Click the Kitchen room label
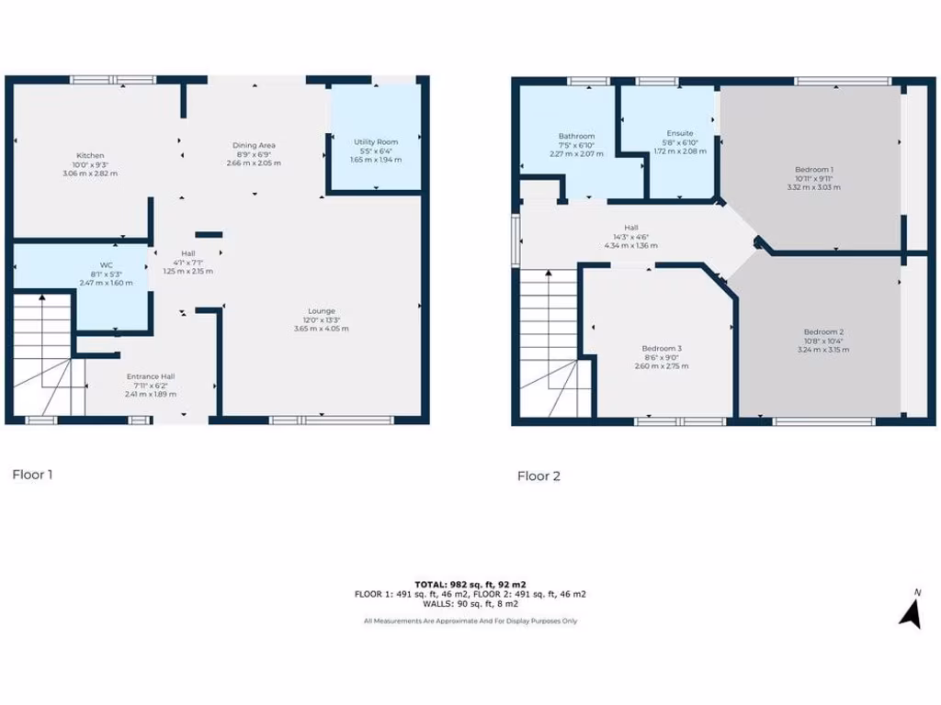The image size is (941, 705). tap(90, 155)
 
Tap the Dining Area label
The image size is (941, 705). tap(254, 145)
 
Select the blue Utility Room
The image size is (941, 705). tap(375, 138)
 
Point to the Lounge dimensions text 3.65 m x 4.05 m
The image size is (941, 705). tap(321, 328)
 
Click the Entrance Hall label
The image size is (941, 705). tap(151, 376)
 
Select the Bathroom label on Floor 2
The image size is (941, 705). tap(576, 137)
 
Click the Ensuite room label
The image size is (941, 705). tap(680, 134)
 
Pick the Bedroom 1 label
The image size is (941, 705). tap(813, 169)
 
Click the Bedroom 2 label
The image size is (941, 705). tap(822, 331)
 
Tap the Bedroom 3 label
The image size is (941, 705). tap(662, 348)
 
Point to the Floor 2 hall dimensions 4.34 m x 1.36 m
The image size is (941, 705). tap(631, 245)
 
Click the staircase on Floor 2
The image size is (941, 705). tap(550, 340)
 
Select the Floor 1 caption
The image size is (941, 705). tap(32, 475)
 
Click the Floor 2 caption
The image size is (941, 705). tap(539, 476)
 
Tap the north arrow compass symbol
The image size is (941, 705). tap(911, 610)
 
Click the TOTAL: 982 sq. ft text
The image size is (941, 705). tap(470, 584)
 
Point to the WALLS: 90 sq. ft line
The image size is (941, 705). tap(470, 604)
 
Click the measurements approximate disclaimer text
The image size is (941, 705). tap(470, 621)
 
